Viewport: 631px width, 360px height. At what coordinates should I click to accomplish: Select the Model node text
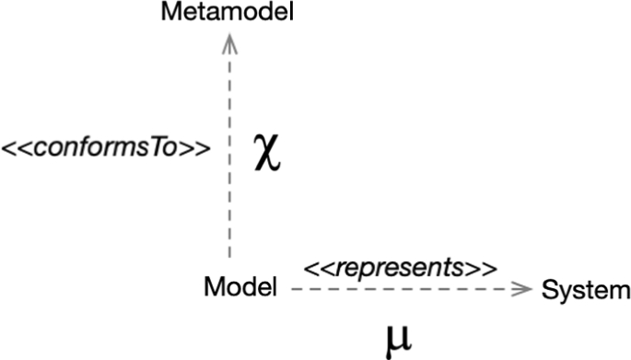click(x=240, y=287)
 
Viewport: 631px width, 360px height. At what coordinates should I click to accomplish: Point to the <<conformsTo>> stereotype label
click(x=104, y=148)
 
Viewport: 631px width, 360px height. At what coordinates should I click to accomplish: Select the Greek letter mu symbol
click(x=399, y=337)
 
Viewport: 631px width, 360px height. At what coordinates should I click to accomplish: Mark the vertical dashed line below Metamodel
click(x=230, y=147)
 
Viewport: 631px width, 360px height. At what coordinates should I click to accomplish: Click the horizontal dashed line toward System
click(x=405, y=289)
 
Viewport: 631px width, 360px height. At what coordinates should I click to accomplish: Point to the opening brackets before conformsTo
click(x=17, y=148)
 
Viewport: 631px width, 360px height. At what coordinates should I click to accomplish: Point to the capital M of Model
click(x=212, y=287)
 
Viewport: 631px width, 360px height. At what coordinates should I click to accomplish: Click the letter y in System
click(x=561, y=293)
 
